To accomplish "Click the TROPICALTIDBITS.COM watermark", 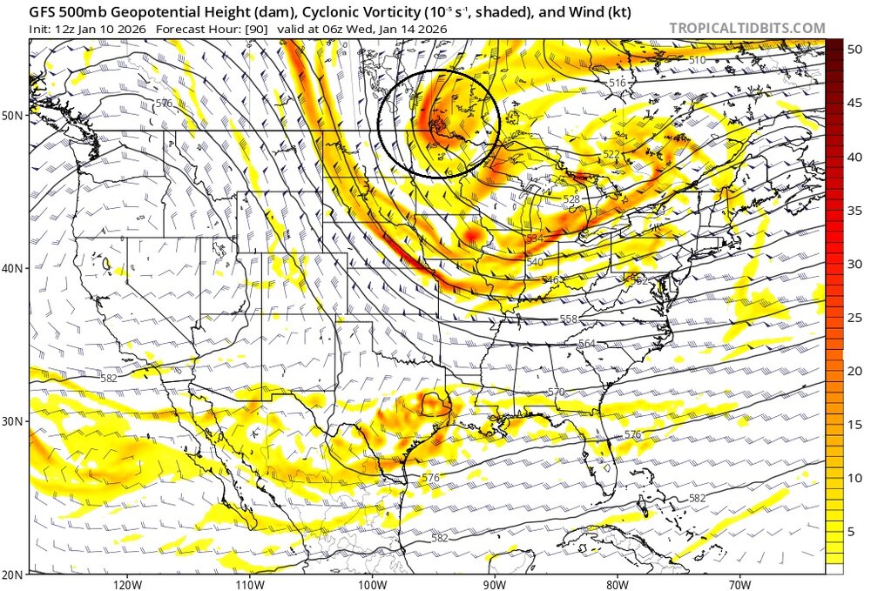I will coord(746,28).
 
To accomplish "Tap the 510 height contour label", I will coord(697,59).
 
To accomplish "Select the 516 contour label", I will coord(618,83).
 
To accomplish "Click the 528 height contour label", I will coord(571,199).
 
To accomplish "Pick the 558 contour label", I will coord(569,319).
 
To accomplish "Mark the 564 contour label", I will coord(586,344).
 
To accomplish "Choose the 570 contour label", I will coord(557,393).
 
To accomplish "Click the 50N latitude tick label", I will coord(14,116).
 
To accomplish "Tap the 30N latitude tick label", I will coord(14,421).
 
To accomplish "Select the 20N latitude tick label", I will coord(14,574).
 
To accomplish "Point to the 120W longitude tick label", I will coord(127,583).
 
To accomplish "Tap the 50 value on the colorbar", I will coord(855,50).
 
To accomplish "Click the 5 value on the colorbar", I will coord(855,531).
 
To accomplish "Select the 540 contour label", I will coord(534,262).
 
